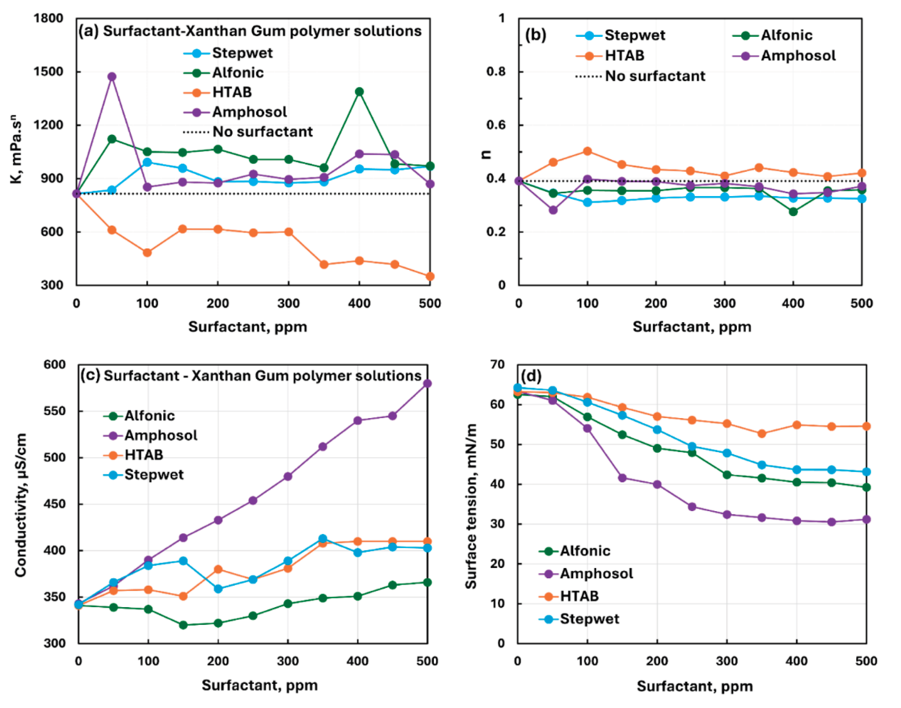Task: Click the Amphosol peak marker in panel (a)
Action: [x=111, y=77]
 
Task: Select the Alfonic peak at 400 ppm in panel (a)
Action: [x=359, y=92]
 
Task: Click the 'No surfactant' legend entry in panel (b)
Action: [x=655, y=76]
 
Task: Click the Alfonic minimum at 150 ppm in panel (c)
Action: [x=183, y=625]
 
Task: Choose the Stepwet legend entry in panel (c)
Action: [x=153, y=475]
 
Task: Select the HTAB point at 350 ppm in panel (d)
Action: [x=762, y=434]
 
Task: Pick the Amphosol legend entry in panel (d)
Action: [x=596, y=574]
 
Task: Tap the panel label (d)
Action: [x=531, y=376]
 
